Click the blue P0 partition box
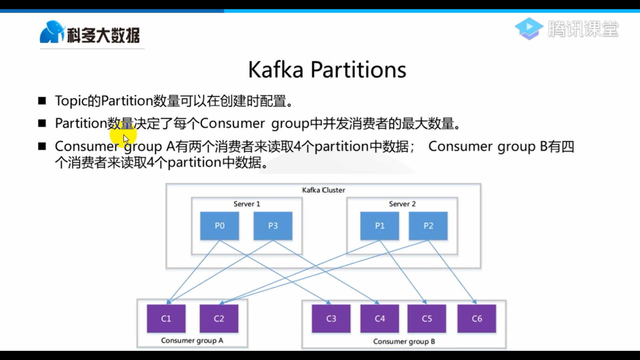(219, 226)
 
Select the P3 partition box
(273, 226)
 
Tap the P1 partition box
(379, 226)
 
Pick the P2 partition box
(428, 226)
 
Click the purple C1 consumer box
(166, 319)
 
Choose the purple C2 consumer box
(219, 319)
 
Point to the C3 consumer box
(331, 319)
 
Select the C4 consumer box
(380, 319)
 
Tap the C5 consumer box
(427, 319)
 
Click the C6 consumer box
(477, 319)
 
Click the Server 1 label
(247, 204)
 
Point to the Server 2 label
(402, 204)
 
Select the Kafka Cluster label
(323, 190)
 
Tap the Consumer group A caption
(192, 340)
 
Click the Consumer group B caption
(404, 341)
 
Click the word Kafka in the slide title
(276, 70)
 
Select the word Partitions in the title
(358, 70)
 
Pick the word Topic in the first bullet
(71, 101)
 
